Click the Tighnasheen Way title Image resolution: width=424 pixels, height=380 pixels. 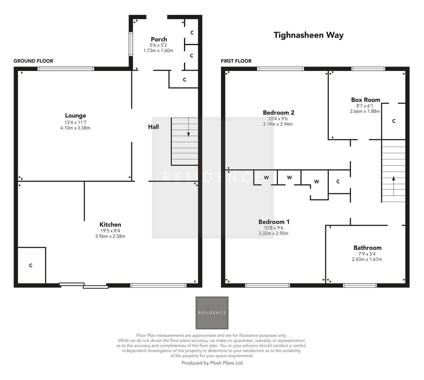click(x=308, y=35)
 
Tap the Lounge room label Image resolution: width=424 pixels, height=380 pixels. click(x=75, y=115)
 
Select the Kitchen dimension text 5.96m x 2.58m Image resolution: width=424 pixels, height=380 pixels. click(x=110, y=236)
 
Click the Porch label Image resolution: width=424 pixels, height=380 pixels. click(x=159, y=39)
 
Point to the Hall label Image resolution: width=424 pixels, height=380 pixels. click(x=153, y=127)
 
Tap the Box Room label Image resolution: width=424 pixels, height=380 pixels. click(x=366, y=100)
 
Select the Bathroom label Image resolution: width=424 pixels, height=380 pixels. click(x=367, y=248)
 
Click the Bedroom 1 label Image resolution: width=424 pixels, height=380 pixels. click(x=274, y=222)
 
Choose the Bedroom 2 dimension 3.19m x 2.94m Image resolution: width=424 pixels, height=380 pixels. click(x=278, y=124)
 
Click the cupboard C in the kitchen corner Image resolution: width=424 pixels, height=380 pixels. click(x=31, y=265)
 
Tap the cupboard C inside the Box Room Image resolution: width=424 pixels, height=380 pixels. click(x=394, y=121)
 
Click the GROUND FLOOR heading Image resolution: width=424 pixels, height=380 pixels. click(x=33, y=61)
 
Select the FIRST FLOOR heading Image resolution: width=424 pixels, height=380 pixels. click(x=236, y=61)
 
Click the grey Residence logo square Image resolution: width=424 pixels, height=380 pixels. click(x=212, y=313)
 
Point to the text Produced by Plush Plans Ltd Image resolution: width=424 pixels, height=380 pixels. click(x=212, y=363)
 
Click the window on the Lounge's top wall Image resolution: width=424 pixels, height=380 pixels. click(x=66, y=69)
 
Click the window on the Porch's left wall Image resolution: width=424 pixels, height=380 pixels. click(x=131, y=44)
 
